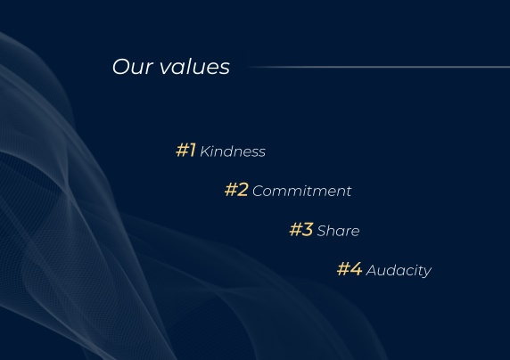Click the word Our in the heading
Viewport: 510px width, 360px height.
pos(133,67)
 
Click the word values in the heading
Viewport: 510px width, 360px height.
pos(195,66)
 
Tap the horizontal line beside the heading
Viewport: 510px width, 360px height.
pos(379,67)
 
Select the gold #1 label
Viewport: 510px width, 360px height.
pos(185,151)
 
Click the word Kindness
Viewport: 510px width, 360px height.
pos(233,151)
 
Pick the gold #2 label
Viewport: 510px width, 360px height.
pos(236,190)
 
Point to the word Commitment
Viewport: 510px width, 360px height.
pos(302,191)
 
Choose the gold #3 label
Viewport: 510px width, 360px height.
pos(301,229)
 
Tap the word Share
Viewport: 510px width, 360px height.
pos(338,231)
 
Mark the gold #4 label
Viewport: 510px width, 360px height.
pos(350,269)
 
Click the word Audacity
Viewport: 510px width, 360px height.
pos(399,271)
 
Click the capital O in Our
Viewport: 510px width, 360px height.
pos(121,67)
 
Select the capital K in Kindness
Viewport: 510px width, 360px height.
pos(204,151)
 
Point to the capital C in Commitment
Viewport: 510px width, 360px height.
pos(258,191)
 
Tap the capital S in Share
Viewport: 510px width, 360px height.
pos(322,231)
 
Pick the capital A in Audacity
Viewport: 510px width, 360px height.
pos(372,270)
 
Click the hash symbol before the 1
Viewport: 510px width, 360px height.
pos(182,151)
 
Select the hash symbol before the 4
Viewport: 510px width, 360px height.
pos(343,269)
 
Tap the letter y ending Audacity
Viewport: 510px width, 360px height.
pos(427,272)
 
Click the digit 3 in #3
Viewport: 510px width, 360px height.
pos(308,229)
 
